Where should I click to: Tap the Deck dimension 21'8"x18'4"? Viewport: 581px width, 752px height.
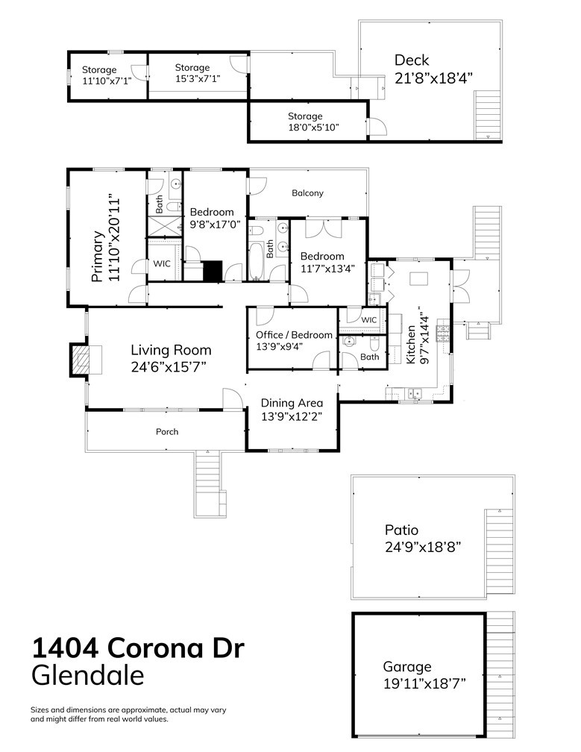[433, 78]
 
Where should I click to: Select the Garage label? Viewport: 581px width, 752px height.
[407, 666]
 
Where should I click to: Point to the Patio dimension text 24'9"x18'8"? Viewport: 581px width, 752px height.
[423, 547]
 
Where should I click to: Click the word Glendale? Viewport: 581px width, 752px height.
[87, 676]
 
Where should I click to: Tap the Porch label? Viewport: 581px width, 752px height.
[167, 432]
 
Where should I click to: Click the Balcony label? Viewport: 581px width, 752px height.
[307, 193]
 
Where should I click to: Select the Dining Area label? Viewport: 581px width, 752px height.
[292, 403]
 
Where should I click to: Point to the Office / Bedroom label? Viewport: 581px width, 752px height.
[293, 335]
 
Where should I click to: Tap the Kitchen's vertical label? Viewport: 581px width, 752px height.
[410, 344]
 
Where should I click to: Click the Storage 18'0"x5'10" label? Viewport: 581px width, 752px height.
[305, 116]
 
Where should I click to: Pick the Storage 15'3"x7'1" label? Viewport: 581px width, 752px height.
[192, 68]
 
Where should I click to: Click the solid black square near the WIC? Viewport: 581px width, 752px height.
[213, 270]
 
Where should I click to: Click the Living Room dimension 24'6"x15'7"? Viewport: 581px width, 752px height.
[171, 366]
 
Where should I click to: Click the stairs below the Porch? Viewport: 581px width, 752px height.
[208, 485]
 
